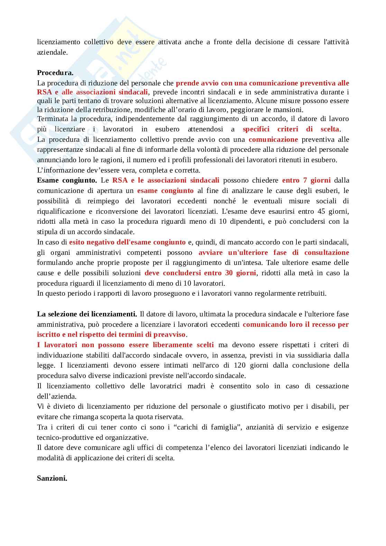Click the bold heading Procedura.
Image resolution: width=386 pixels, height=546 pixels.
click(55, 73)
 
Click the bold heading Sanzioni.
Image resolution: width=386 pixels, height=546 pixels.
click(52, 479)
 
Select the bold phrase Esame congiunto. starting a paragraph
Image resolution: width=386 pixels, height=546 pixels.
click(67, 180)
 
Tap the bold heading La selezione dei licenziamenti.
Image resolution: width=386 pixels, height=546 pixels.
click(87, 314)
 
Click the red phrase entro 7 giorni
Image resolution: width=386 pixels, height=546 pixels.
click(306, 180)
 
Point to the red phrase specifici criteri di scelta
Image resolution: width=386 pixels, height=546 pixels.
click(291, 129)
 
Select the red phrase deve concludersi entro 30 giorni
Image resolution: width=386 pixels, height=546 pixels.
click(200, 273)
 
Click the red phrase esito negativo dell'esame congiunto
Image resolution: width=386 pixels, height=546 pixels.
click(127, 242)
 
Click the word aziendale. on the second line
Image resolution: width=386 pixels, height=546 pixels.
click(52, 53)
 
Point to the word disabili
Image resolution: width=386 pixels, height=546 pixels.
click(323, 407)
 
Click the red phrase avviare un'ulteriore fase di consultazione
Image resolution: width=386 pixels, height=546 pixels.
click(274, 252)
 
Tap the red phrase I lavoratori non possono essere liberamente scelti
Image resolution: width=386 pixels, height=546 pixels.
click(125, 345)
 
